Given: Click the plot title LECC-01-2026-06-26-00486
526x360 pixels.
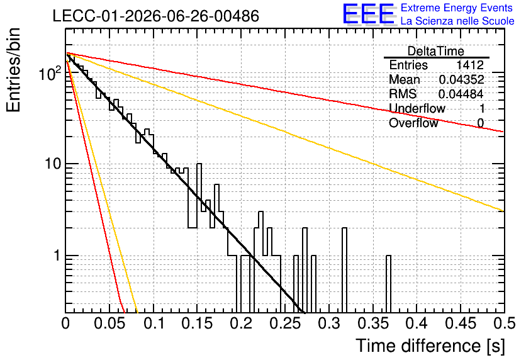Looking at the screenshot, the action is [156, 16].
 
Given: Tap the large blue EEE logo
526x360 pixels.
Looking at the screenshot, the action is [368, 14].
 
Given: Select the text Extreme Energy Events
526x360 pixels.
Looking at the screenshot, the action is [457, 8].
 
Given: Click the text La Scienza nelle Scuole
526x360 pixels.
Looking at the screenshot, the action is [457, 21].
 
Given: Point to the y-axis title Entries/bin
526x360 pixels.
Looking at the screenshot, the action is [14, 70].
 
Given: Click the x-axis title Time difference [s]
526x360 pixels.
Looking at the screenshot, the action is [430, 346].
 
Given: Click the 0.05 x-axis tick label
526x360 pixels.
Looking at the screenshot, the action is [109, 323].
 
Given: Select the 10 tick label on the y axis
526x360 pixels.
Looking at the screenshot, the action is [53, 164].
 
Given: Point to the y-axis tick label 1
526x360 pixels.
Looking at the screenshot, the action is [57, 256].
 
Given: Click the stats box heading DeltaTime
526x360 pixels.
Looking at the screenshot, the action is [436, 51].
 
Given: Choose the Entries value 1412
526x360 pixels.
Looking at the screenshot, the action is [469, 65].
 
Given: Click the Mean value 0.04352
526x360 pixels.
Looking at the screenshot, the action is [462, 79].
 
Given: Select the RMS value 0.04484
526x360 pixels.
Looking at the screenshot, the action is [461, 94].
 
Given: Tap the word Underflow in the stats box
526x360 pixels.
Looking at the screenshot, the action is [417, 108].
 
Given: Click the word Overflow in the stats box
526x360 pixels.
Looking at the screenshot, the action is [413, 123].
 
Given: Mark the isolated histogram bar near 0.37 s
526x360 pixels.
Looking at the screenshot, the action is [388, 284].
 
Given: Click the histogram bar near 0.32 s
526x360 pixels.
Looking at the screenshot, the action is [345, 270].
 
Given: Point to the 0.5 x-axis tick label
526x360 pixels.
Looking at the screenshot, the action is [504, 323].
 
